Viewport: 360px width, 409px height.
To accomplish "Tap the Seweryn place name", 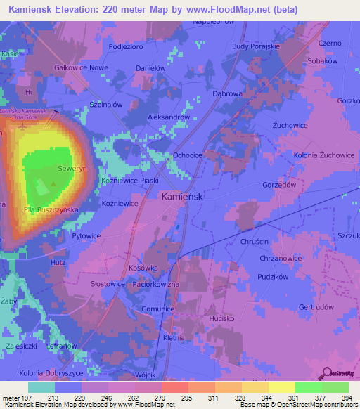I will click(72, 169).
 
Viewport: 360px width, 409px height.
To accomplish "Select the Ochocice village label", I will click(188, 155).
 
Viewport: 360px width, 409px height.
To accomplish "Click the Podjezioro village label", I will click(127, 46).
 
